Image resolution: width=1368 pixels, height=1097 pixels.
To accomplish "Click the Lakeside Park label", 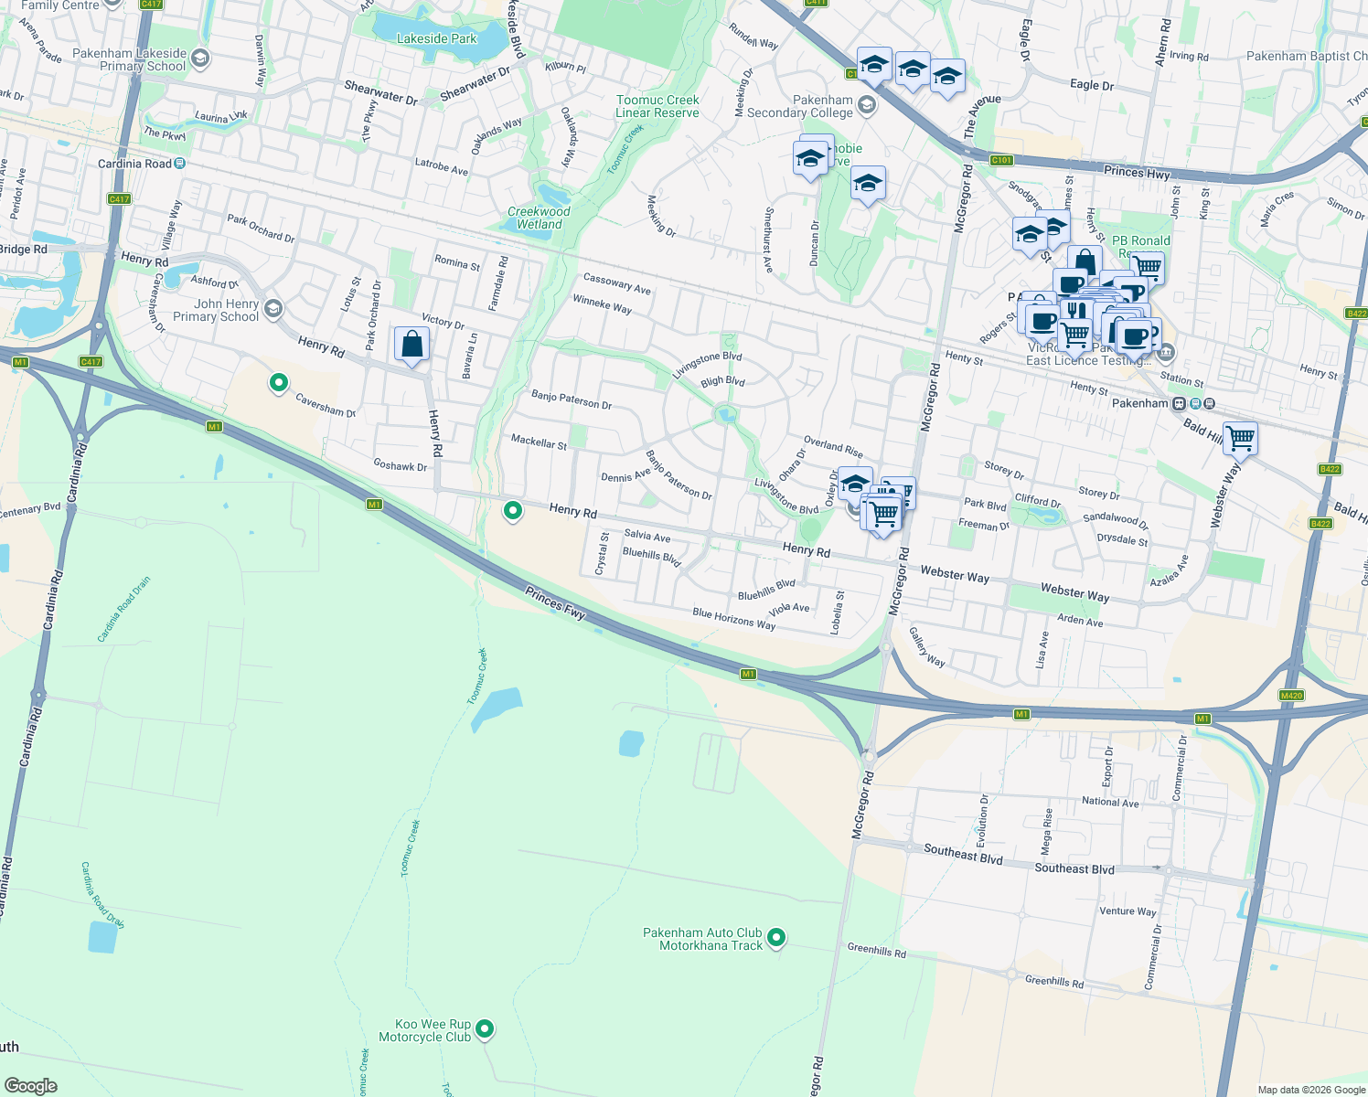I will pos(436,38).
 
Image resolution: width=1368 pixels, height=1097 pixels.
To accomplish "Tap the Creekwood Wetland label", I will pos(539,218).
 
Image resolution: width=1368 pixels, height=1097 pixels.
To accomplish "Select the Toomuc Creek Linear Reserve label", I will pos(657,106).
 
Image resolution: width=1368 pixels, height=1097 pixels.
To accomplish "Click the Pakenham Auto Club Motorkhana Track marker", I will pos(776,937).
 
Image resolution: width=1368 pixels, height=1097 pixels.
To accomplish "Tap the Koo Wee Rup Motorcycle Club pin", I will pos(485,1028).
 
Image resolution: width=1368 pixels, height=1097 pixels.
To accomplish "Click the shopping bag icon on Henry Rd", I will pos(412,345).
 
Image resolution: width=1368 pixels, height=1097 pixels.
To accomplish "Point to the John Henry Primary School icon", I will pos(273,310).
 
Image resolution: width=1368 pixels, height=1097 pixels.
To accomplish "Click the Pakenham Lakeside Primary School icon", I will pos(200,59).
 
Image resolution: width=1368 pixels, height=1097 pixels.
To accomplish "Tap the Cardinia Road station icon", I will pos(180,164).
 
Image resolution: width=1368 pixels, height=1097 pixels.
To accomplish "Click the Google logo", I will pos(31,1085).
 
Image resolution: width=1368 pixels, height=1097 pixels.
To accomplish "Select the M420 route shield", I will pos(1291,696).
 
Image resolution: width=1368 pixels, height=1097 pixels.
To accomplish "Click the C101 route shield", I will pos(1001,160).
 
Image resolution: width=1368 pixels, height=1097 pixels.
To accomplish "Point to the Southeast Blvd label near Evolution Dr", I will pos(963,854).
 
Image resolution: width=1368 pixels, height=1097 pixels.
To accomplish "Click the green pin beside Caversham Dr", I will pos(279,382).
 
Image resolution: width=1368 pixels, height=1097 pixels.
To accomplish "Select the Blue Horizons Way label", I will pos(733,619).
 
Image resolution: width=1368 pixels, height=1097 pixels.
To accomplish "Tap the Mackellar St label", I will pos(539,442).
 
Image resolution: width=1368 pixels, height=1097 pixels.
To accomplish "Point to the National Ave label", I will pos(1110,802).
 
